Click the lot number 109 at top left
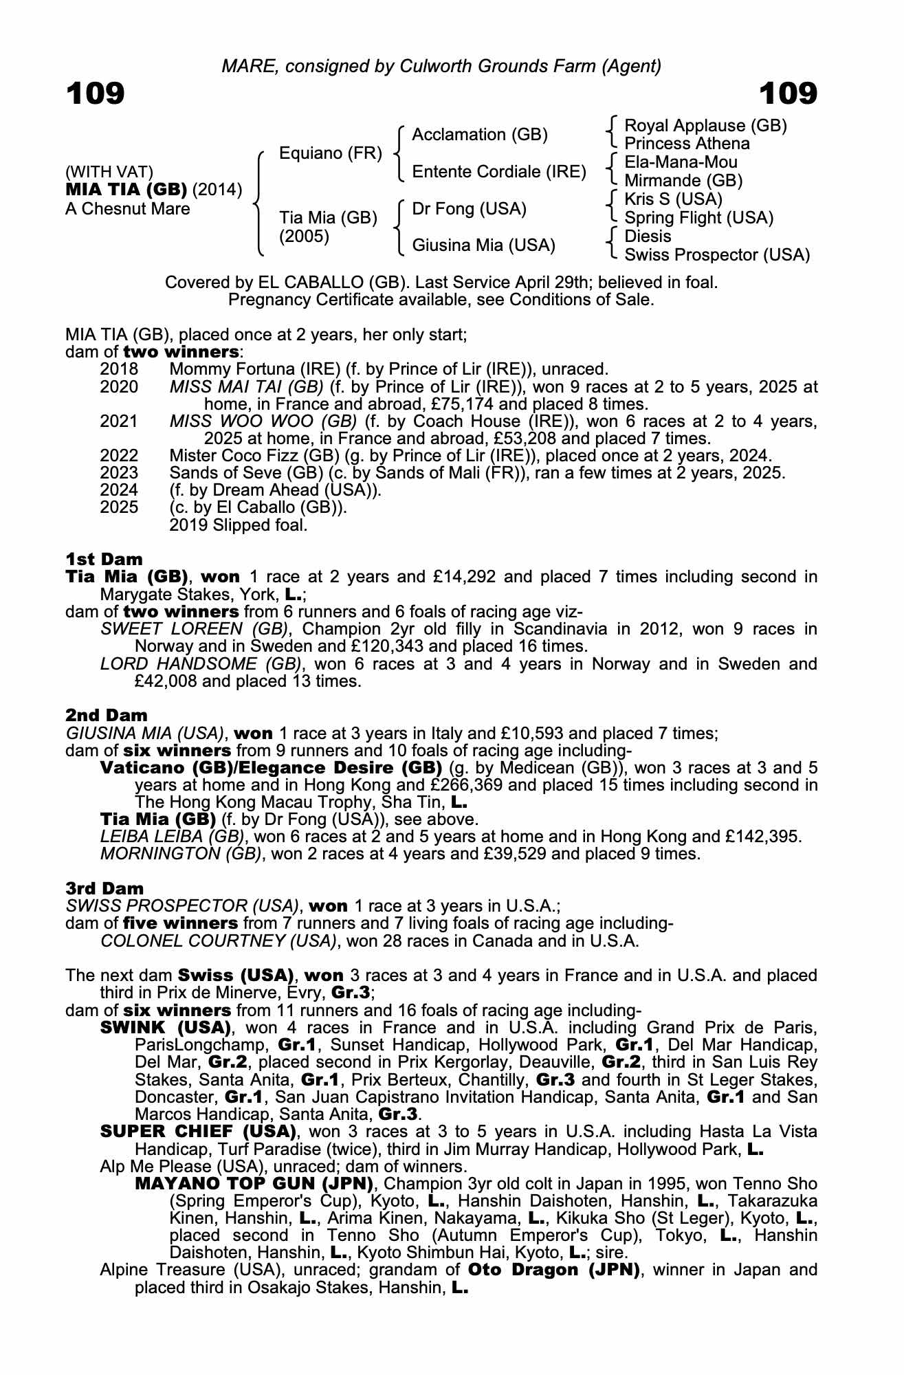click(x=95, y=93)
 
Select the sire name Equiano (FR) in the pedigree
click(x=330, y=153)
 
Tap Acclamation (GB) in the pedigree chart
click(x=480, y=135)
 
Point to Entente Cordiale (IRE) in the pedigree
click(x=499, y=172)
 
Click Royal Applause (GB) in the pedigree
click(x=705, y=126)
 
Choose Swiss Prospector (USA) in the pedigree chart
click(x=717, y=255)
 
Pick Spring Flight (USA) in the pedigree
click(x=698, y=219)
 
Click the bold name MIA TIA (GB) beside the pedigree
click(x=126, y=190)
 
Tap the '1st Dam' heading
click(x=104, y=559)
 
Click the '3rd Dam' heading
click(x=104, y=888)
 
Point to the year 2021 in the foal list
click(x=119, y=421)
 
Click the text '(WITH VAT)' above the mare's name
click(x=109, y=172)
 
